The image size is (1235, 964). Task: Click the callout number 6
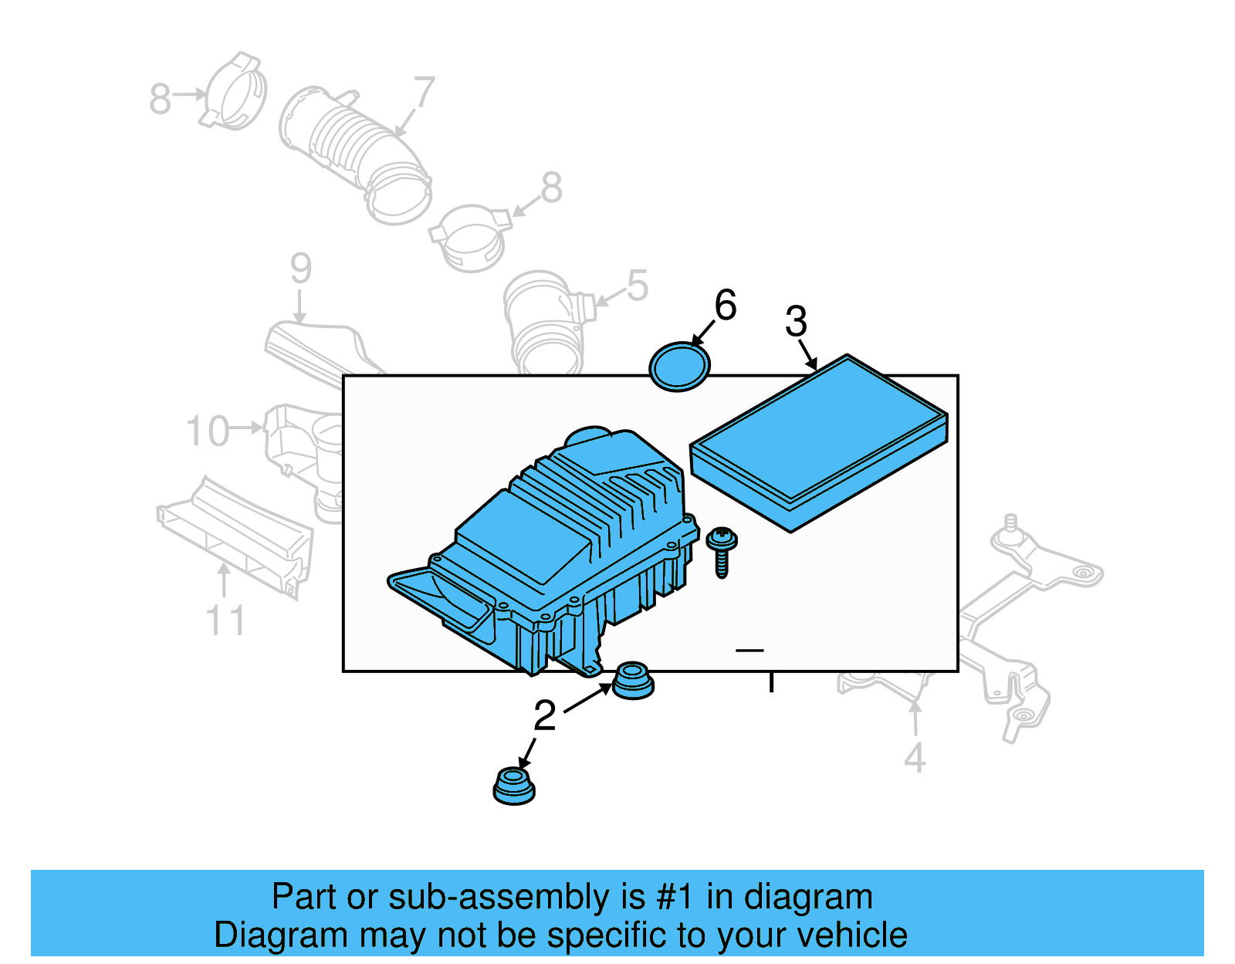point(725,305)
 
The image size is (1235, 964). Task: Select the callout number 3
point(796,322)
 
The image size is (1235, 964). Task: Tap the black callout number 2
point(545,715)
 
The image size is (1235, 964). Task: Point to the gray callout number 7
point(424,93)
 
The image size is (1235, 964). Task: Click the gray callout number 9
point(300,269)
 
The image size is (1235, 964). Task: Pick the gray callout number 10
point(208,431)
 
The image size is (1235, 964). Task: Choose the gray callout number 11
point(225,621)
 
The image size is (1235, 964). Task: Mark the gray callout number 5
point(637,286)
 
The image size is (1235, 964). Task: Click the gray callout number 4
point(915,758)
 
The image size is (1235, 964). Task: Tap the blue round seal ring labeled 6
point(679,367)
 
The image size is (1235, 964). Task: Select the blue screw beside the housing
point(722,550)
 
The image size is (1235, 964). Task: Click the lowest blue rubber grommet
point(513,786)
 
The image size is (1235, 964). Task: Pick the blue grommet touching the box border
point(633,680)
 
